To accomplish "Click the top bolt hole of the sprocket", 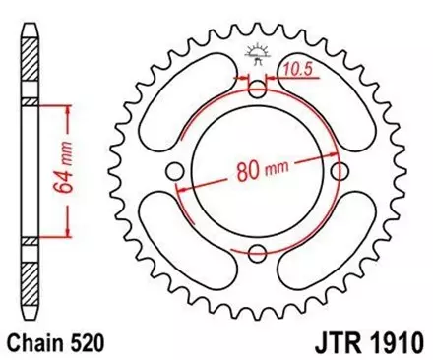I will tap(257, 90).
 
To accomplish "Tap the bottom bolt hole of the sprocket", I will tap(257, 255).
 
